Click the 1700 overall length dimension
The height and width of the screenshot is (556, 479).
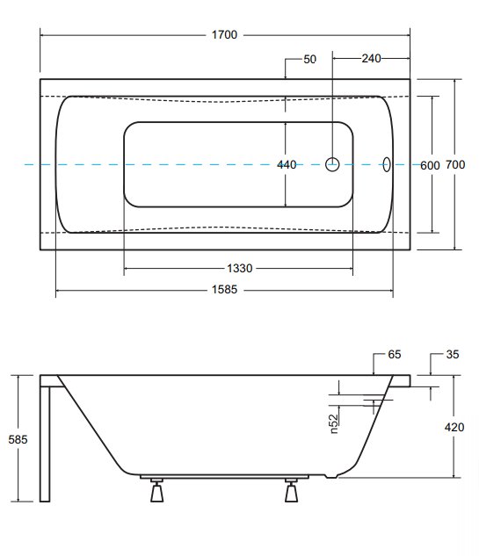(x=224, y=35)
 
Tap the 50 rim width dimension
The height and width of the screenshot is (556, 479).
(x=309, y=59)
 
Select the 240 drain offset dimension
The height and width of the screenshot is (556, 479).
(x=371, y=58)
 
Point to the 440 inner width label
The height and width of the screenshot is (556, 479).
(x=287, y=165)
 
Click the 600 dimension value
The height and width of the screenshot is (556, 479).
(x=430, y=166)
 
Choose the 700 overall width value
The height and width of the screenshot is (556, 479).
(x=455, y=165)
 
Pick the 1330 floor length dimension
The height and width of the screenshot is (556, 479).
(x=239, y=269)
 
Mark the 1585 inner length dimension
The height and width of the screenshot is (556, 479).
(x=224, y=290)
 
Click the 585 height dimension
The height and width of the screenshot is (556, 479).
(x=18, y=440)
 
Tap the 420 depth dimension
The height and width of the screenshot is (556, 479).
(x=454, y=427)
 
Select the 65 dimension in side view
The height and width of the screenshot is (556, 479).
(x=395, y=355)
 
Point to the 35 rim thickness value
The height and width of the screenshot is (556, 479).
(x=453, y=355)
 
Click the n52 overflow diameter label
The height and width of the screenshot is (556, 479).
(x=333, y=424)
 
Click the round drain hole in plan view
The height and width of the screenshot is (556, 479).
(x=332, y=164)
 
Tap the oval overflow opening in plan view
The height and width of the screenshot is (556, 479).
(x=387, y=164)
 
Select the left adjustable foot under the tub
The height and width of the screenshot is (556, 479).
(x=156, y=490)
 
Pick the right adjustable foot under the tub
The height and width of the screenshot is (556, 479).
(x=291, y=490)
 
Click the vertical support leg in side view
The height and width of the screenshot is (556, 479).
(x=45, y=444)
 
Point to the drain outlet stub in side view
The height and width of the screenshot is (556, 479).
(x=331, y=476)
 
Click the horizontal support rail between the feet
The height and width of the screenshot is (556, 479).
(x=224, y=477)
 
